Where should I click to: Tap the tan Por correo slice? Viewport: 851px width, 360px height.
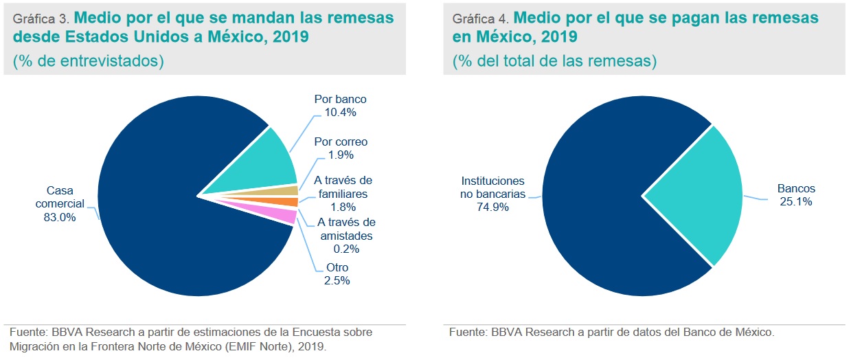[288, 190]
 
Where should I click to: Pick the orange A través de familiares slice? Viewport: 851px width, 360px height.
[288, 202]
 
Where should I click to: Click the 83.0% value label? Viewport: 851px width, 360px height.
[60, 218]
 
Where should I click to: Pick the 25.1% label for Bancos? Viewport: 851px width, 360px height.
[796, 201]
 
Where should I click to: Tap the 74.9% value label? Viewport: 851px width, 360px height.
[492, 207]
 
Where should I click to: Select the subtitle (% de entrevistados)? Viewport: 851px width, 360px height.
[88, 61]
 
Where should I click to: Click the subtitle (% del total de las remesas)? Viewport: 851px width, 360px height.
[554, 61]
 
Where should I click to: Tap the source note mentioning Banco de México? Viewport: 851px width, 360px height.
[611, 333]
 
